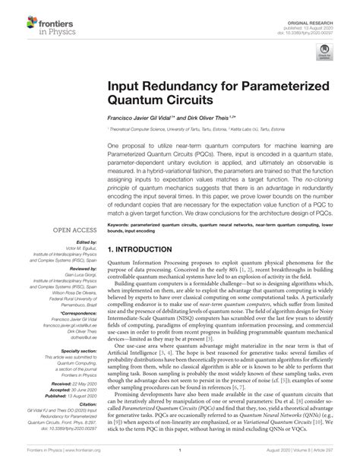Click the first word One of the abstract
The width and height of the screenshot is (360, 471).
coord(113,145)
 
